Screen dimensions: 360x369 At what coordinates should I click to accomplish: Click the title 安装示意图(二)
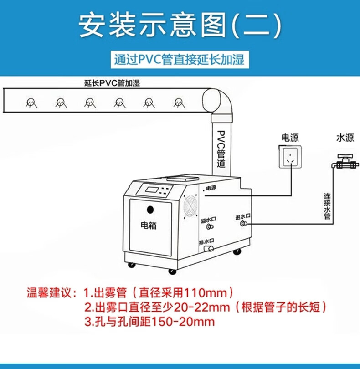click(180, 26)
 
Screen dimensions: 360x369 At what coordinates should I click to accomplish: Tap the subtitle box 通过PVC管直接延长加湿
click(180, 60)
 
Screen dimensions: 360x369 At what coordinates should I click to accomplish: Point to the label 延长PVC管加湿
click(112, 83)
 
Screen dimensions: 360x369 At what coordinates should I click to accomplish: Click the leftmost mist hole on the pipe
click(31, 103)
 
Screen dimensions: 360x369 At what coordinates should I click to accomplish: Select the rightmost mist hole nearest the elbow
click(180, 103)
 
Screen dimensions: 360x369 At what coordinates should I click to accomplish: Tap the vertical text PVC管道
click(221, 149)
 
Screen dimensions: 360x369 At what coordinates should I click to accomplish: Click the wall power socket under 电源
click(290, 157)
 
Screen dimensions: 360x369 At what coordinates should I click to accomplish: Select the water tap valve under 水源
click(345, 161)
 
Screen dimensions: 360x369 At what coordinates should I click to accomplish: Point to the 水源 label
click(345, 138)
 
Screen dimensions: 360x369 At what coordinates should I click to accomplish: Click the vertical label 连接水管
click(327, 206)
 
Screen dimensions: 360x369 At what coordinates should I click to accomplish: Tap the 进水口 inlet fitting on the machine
click(243, 223)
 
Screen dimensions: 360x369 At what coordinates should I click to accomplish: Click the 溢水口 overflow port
click(210, 226)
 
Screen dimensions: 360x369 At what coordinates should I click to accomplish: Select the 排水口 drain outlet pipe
click(209, 249)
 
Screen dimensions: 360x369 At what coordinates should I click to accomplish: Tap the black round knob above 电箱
click(150, 210)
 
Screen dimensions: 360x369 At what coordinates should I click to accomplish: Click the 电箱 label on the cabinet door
click(149, 225)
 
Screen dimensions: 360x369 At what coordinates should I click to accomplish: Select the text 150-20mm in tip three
click(182, 322)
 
